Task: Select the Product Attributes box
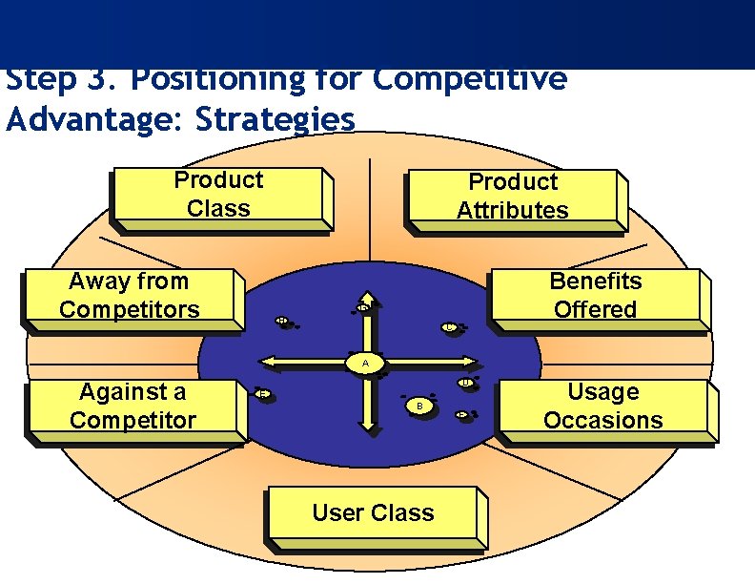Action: pos(512,198)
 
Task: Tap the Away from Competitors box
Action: pos(130,297)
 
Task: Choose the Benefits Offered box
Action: pos(595,297)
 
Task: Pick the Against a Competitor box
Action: pos(133,407)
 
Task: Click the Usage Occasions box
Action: pos(603,407)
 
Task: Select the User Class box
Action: pos(373,514)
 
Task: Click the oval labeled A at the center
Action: pos(363,364)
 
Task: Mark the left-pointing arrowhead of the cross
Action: pos(268,363)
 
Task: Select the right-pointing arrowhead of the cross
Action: pos(471,364)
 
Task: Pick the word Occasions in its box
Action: pos(603,421)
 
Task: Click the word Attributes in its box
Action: pos(512,211)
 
